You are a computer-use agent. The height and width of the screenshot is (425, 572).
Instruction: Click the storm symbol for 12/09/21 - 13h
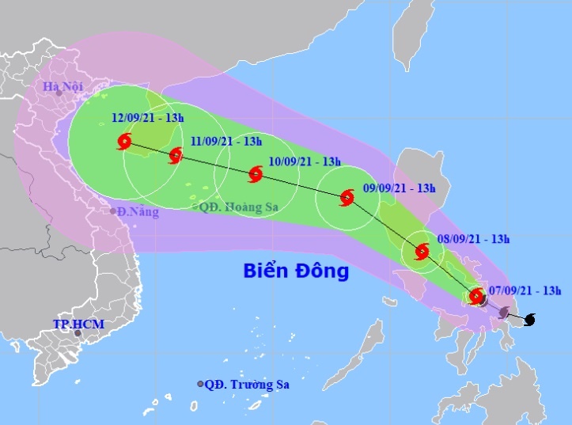pyautogui.click(x=124, y=142)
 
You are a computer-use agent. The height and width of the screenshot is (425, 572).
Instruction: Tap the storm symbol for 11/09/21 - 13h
pyautogui.click(x=176, y=156)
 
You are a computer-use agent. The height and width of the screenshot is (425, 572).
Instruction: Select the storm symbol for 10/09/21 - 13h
pyautogui.click(x=256, y=174)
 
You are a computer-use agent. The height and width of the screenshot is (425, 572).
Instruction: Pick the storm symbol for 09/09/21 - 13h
pyautogui.click(x=347, y=198)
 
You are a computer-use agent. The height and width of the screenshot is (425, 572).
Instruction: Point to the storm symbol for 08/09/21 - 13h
pyautogui.click(x=422, y=252)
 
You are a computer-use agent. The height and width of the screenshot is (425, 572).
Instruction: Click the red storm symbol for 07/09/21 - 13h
pyautogui.click(x=476, y=297)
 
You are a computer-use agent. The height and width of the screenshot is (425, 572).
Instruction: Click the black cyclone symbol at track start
pyautogui.click(x=529, y=319)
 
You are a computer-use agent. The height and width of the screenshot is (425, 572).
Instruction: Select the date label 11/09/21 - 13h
pyautogui.click(x=225, y=142)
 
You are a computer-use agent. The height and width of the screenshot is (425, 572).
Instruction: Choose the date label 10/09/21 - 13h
pyautogui.click(x=305, y=161)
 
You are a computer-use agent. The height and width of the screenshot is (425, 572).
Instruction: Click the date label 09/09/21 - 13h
pyautogui.click(x=400, y=188)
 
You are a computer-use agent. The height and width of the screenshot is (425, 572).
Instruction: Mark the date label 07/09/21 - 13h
pyautogui.click(x=525, y=290)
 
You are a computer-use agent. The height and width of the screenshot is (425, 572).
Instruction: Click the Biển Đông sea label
pyautogui.click(x=295, y=272)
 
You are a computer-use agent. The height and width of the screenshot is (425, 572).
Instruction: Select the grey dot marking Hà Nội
pyautogui.click(x=58, y=93)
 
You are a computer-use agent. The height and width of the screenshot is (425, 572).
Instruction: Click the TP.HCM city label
pyautogui.click(x=78, y=324)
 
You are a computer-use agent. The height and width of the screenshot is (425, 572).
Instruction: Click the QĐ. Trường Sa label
pyautogui.click(x=247, y=385)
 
